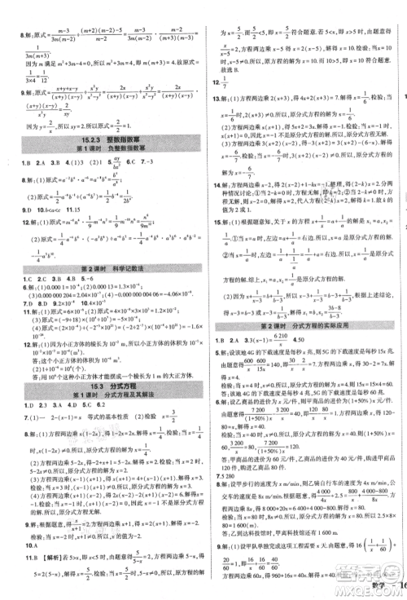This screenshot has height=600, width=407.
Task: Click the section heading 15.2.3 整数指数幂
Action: pos(101,139)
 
